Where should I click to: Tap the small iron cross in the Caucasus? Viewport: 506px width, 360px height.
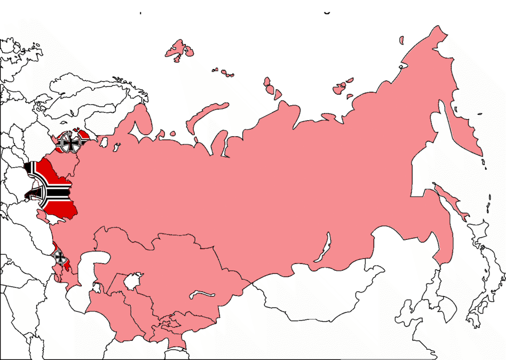60,257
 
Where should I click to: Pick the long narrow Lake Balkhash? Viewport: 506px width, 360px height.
202,294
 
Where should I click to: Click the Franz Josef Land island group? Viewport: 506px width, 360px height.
179,49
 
